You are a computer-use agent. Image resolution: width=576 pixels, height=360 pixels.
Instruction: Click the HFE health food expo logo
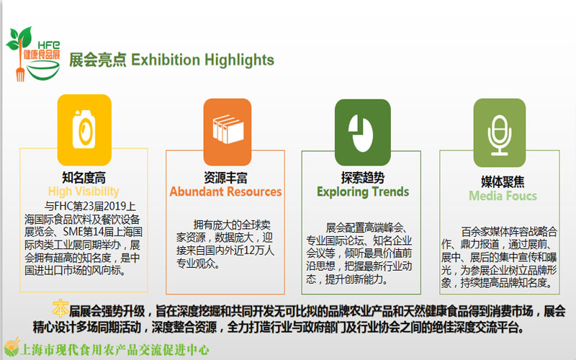(x=33, y=54)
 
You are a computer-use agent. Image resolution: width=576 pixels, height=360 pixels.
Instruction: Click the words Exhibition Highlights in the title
(x=202, y=60)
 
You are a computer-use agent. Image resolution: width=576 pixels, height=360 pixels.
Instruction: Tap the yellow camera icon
(x=84, y=130)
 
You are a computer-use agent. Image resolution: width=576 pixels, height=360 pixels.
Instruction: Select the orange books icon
(x=228, y=132)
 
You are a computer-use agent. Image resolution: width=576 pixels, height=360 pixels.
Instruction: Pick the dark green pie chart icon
(x=363, y=132)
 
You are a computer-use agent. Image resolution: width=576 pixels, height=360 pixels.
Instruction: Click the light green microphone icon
(x=500, y=132)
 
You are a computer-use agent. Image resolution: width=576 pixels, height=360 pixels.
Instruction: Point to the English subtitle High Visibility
(x=84, y=192)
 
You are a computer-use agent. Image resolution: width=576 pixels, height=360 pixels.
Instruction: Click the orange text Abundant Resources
(x=225, y=192)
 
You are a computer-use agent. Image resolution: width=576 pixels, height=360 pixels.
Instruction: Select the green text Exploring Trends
(x=363, y=192)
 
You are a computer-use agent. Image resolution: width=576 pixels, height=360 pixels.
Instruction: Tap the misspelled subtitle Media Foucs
(x=503, y=196)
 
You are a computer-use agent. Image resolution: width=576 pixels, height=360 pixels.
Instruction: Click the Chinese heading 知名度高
(x=84, y=178)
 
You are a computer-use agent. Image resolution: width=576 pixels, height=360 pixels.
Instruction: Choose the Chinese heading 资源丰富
(x=225, y=178)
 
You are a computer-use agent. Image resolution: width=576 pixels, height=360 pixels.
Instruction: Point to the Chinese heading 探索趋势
(x=363, y=178)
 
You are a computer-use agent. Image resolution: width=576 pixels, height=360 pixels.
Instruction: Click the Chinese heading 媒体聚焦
(x=503, y=182)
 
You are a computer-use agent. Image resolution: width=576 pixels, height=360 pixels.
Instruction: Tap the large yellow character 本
(x=60, y=309)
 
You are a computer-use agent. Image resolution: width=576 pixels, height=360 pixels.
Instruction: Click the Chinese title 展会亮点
(x=98, y=60)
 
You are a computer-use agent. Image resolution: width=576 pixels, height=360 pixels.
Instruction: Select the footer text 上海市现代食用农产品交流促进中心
(x=115, y=350)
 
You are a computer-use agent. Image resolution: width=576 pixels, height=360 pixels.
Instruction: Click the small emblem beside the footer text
(x=12, y=347)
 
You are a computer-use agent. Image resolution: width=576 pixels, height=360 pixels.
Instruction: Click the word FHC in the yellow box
(x=63, y=206)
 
